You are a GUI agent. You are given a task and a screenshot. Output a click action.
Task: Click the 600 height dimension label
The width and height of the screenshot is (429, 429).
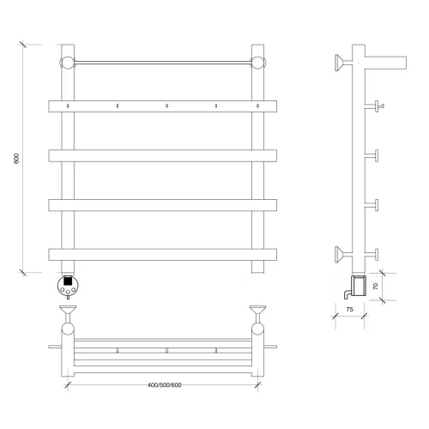pos(16,159)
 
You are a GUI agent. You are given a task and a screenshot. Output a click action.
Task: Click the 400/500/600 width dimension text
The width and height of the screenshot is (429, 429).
pos(165,385)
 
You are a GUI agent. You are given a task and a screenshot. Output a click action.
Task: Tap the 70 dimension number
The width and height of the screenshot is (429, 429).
pos(376,286)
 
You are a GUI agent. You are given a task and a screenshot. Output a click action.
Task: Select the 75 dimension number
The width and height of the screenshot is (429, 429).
pos(349,309)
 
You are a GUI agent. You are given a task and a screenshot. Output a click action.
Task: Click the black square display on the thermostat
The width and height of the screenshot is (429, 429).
pos(68,281)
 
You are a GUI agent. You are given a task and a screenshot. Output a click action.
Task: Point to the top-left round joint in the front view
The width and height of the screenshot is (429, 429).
pos(68,63)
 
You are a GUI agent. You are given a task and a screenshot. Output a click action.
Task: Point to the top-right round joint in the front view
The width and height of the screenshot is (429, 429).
pos(258,63)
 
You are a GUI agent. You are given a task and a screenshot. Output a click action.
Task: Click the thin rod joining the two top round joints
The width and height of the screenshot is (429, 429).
pos(163,63)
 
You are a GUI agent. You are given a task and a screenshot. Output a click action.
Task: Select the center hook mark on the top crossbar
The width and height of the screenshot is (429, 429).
pos(166,106)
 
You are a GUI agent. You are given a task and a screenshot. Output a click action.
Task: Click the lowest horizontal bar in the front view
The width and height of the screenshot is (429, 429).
pos(163,255)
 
